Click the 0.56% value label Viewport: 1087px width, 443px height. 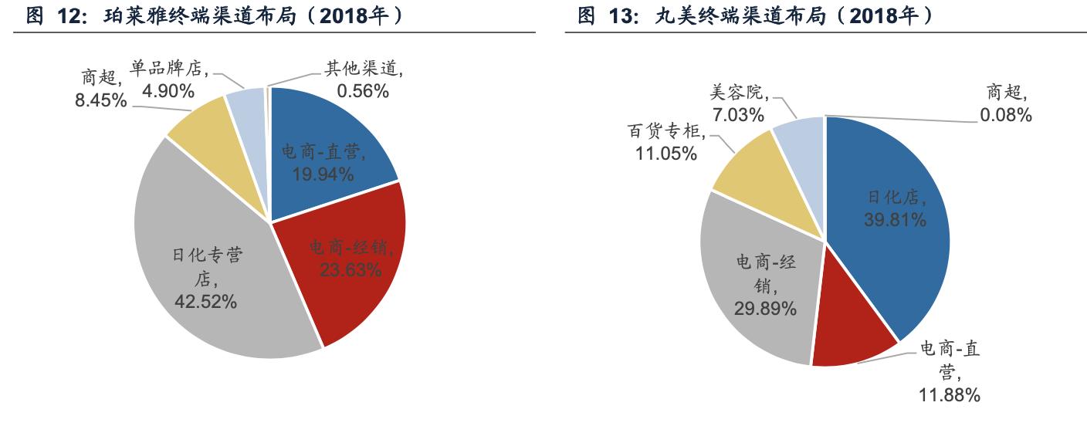click(x=363, y=91)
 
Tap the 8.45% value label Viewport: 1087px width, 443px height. click(x=101, y=100)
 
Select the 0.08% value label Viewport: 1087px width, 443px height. click(x=1006, y=116)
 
